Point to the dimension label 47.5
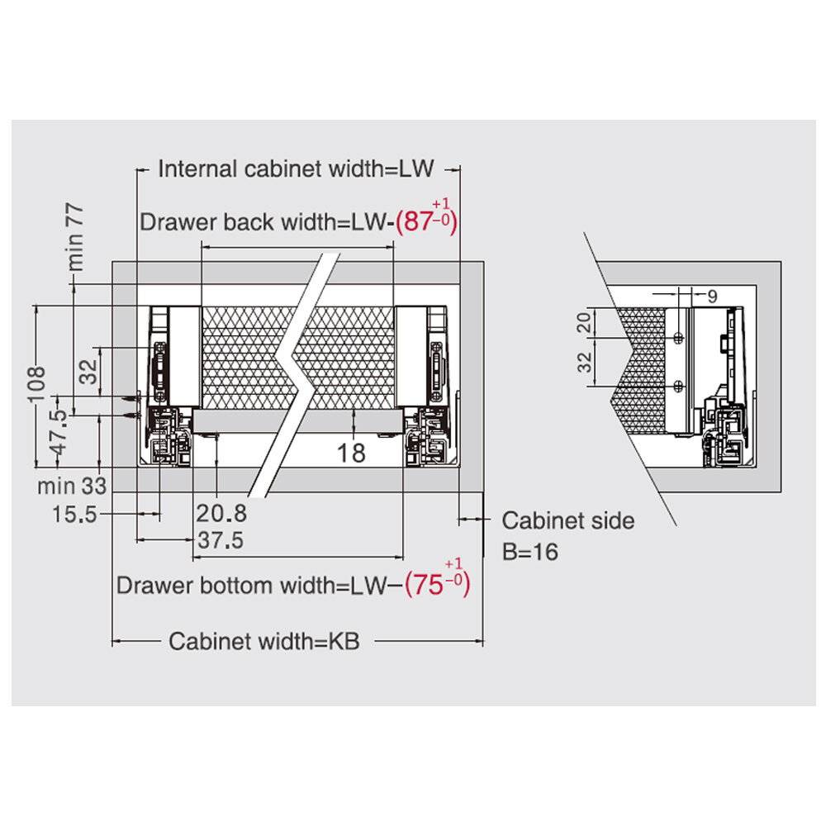tap(57, 433)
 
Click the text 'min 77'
tap(75, 239)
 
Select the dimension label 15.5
tap(75, 515)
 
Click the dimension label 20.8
tap(221, 514)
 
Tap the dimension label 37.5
tap(221, 541)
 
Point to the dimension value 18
tap(352, 452)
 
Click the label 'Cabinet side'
tap(568, 521)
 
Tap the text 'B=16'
tap(530, 551)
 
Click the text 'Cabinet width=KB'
tap(264, 642)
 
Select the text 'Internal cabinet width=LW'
tap(296, 170)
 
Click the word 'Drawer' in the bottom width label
tap(152, 586)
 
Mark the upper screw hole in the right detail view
tap(677, 338)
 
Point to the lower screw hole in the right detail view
tap(677, 386)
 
